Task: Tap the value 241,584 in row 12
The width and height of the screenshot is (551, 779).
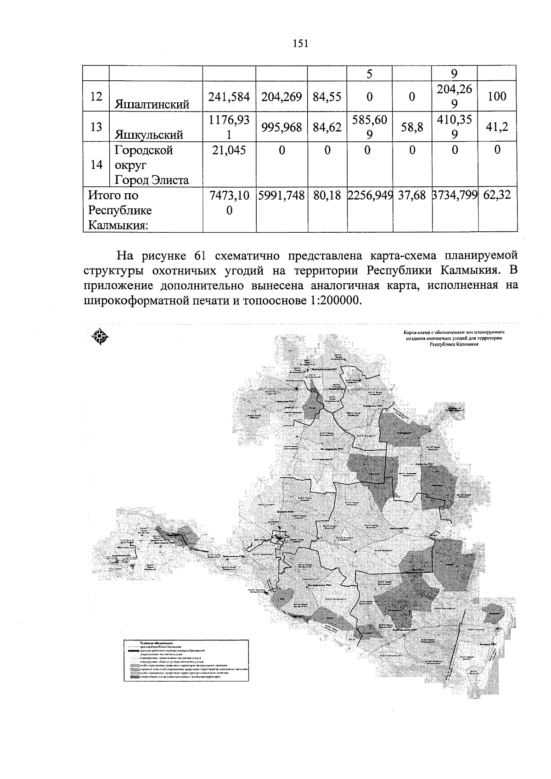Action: (x=229, y=97)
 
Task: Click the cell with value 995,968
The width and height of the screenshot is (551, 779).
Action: (x=281, y=127)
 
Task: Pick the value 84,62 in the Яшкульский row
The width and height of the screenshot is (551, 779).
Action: (x=327, y=127)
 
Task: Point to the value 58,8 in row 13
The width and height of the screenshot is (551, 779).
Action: (x=412, y=127)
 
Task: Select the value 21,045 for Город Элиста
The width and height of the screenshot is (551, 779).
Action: (x=229, y=150)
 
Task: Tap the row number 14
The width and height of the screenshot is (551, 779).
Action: (x=96, y=165)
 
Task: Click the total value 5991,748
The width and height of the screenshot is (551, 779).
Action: (x=281, y=196)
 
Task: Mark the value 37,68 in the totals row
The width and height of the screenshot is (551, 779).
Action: (x=412, y=196)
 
